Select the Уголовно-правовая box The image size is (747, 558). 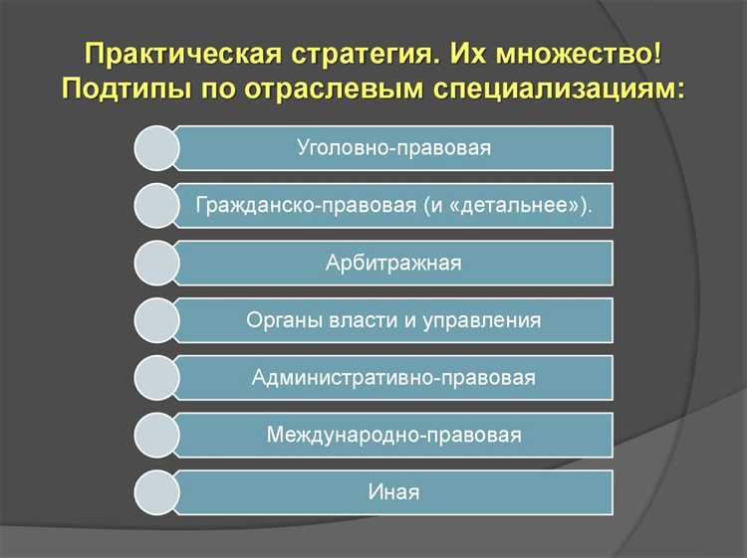coord(393,148)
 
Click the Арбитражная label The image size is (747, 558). coord(393,263)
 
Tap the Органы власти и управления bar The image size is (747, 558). coord(393,320)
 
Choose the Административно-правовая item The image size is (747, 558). coord(393,378)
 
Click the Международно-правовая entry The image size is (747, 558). coord(393,435)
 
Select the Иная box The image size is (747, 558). coord(393,492)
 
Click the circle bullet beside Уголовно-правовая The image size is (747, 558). coord(156,148)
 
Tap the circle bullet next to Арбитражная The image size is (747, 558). coord(156,263)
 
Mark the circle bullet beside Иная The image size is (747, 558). coord(156,492)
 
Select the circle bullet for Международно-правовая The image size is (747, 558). coord(156,435)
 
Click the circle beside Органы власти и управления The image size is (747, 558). coord(156,320)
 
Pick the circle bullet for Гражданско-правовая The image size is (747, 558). coord(156,206)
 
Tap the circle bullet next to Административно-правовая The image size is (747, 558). coord(156,378)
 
